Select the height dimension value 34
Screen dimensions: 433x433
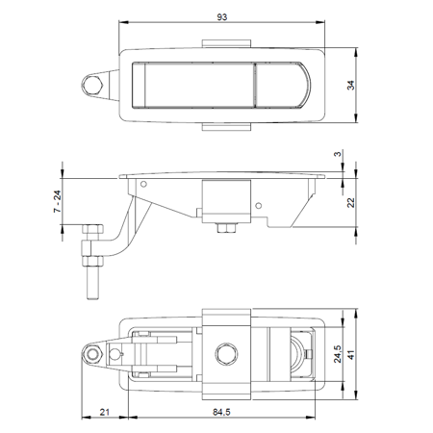[352, 85]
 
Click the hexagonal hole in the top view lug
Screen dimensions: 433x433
[92, 85]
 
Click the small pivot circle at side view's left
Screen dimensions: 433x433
[142, 183]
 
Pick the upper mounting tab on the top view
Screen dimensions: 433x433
[228, 42]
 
